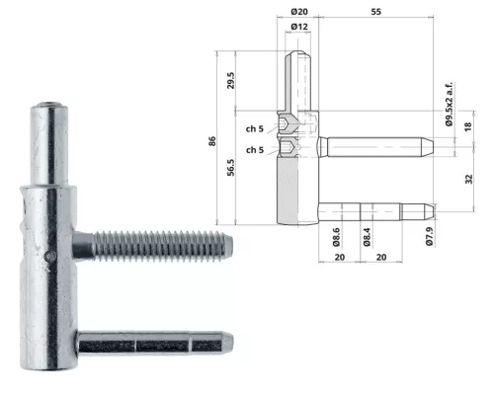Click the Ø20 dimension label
(x=299, y=12)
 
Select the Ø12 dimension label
(x=299, y=27)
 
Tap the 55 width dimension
(x=375, y=12)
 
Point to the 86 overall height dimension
(x=212, y=141)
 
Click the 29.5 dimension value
(x=231, y=81)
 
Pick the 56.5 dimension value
(x=231, y=168)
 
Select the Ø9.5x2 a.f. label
(x=450, y=104)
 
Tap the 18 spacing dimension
(x=468, y=126)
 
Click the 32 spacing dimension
(x=468, y=179)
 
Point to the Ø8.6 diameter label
(x=336, y=237)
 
